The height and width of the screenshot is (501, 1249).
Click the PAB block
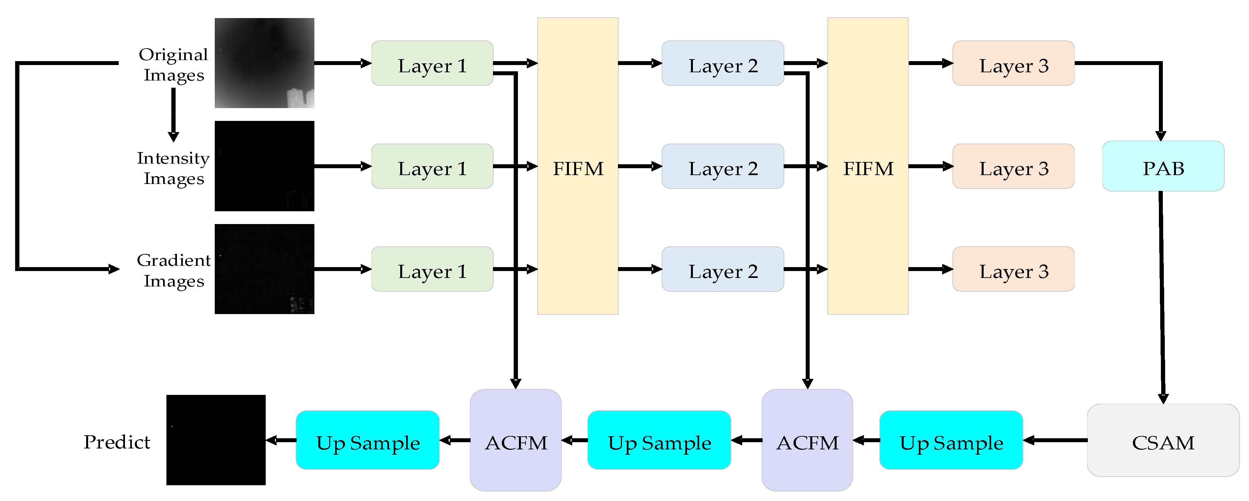point(1163,166)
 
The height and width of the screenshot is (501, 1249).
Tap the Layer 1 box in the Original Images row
point(432,63)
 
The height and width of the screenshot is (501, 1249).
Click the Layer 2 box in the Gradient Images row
point(722,269)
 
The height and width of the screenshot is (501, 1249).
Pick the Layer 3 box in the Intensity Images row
point(1013,166)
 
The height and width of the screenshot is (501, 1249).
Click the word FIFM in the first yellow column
point(578,169)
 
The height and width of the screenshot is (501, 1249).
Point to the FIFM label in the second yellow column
point(868,169)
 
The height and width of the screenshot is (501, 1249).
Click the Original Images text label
point(174,64)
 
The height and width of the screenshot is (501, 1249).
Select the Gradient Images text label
point(174,270)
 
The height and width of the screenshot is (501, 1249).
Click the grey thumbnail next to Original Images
point(264,63)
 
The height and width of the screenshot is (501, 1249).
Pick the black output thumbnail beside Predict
point(216,440)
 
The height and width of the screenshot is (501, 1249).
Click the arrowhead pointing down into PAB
point(1161,136)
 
